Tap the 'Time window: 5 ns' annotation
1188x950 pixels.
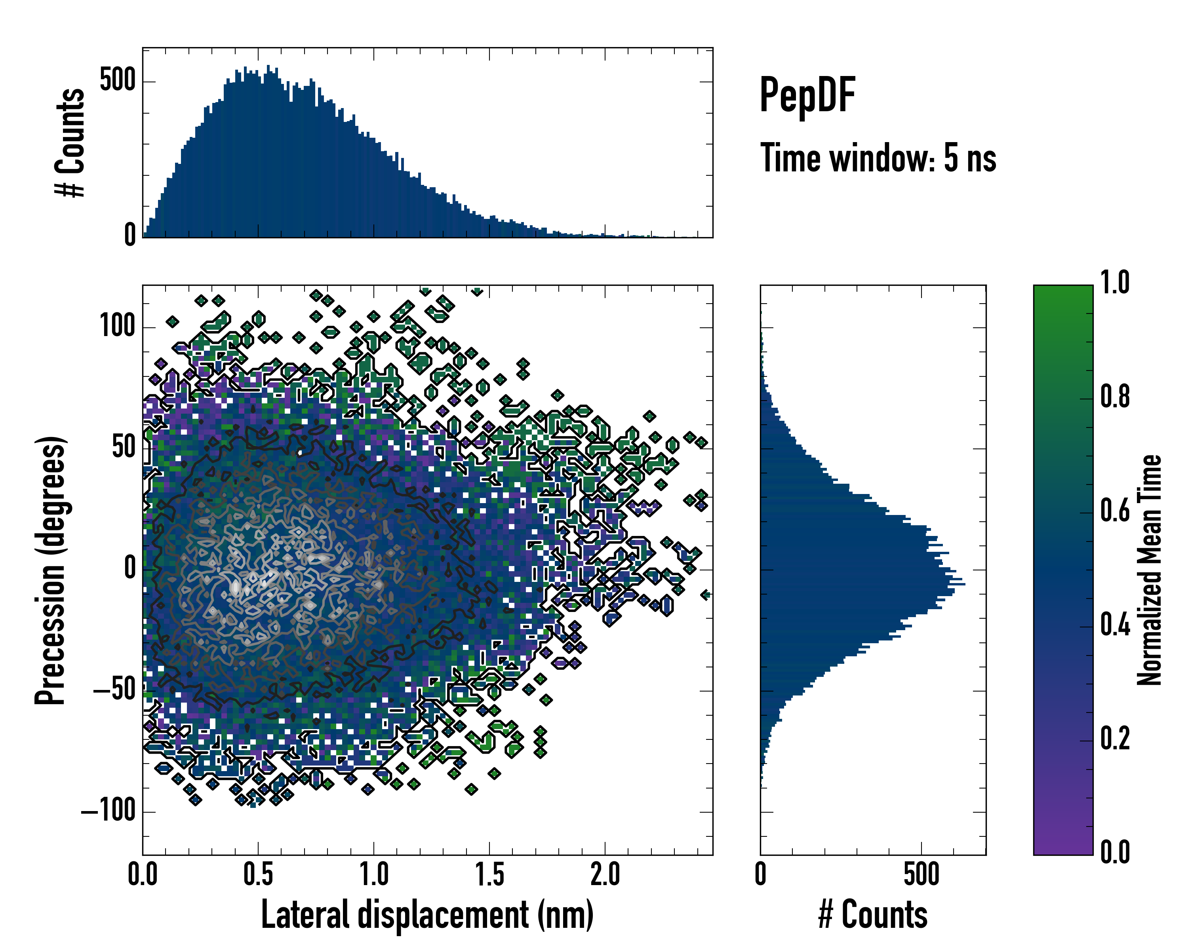(878, 158)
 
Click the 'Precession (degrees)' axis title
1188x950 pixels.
(51, 570)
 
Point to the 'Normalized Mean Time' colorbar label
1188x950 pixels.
(1150, 570)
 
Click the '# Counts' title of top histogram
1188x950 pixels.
(70, 142)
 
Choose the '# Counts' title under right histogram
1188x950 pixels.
(873, 915)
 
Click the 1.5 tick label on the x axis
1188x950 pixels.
(489, 874)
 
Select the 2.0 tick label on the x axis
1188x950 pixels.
(605, 874)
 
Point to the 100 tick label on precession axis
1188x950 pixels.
(117, 326)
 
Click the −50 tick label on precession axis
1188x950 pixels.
(114, 690)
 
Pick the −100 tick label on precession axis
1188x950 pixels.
(109, 811)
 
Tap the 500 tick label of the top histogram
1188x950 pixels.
(117, 80)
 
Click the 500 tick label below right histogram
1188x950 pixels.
(921, 874)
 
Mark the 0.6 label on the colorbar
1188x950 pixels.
(1115, 511)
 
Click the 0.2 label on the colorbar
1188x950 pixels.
(1115, 739)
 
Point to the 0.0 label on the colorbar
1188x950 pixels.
(1115, 853)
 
